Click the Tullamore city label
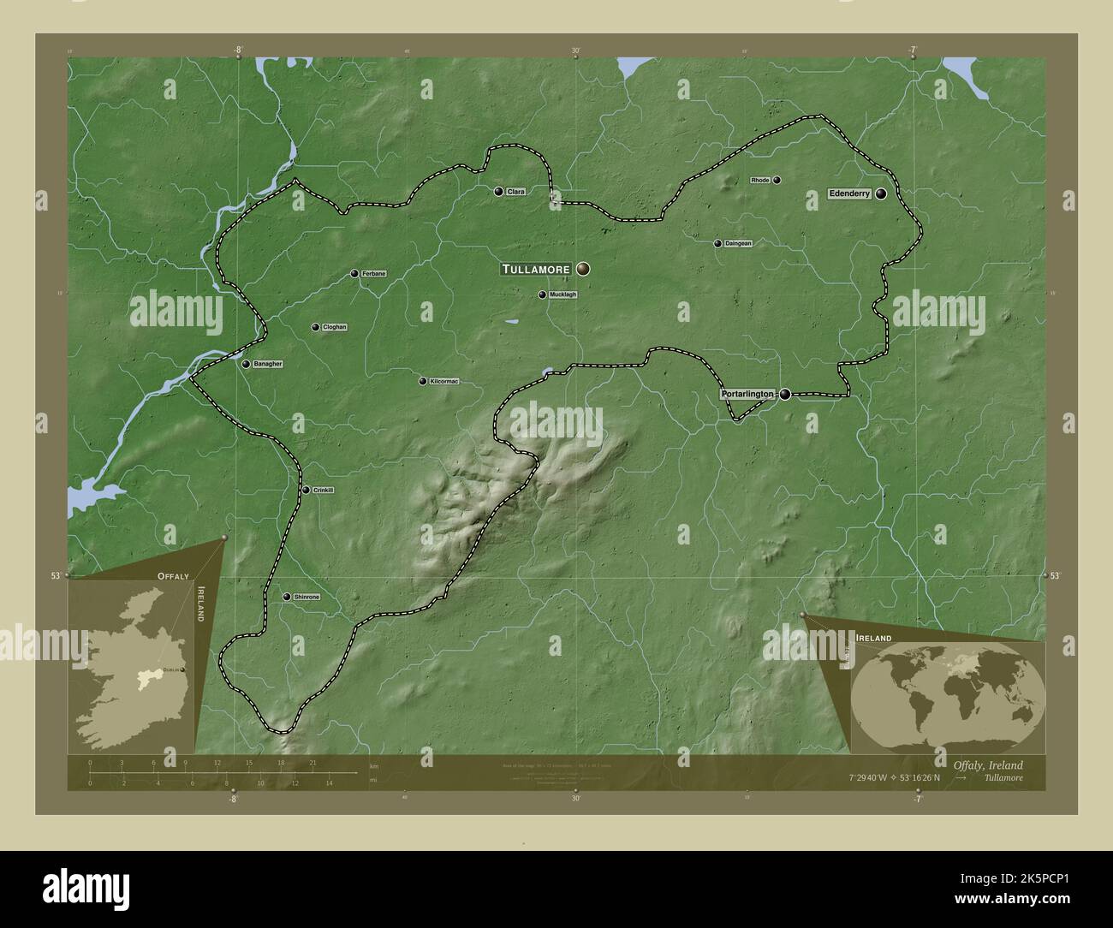point(535,269)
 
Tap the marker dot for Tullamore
point(583,269)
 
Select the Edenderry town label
point(849,194)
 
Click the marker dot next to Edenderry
point(880,194)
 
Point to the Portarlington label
point(747,394)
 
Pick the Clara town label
point(515,192)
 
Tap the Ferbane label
point(373,274)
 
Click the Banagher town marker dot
point(246,364)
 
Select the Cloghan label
point(334,327)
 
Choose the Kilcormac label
point(444,381)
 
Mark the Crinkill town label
point(324,490)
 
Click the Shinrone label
point(307,597)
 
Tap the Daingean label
point(738,243)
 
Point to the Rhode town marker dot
point(777,181)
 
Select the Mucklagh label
point(562,294)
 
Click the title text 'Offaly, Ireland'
point(987,764)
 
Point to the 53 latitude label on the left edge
point(56,576)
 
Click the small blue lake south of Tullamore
point(511,323)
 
